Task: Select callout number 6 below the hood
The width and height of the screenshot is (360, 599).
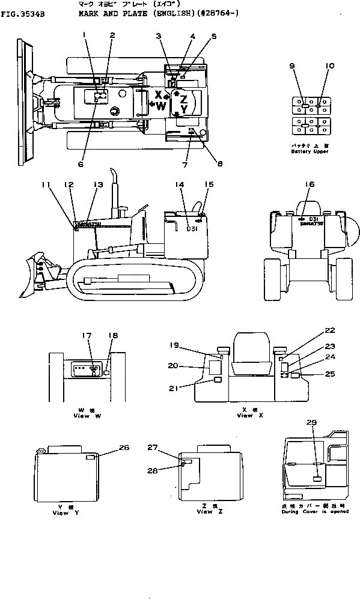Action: (81, 163)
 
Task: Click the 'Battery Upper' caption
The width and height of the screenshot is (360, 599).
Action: (308, 151)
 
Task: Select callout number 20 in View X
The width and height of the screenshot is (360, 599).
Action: (173, 365)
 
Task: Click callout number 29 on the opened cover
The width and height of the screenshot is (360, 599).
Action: (311, 424)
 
